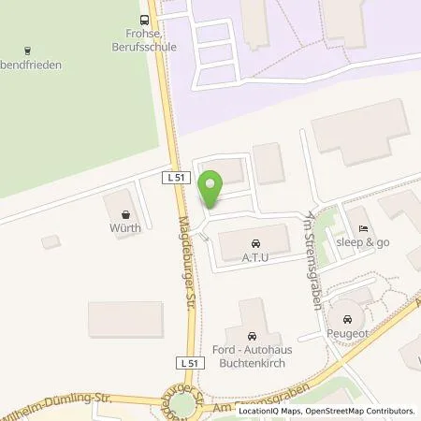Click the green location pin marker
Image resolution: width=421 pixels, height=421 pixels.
tap(212, 187)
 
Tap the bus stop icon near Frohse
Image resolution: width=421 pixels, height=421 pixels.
tap(144, 18)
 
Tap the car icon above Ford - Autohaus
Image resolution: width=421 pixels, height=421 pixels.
tap(251, 335)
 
